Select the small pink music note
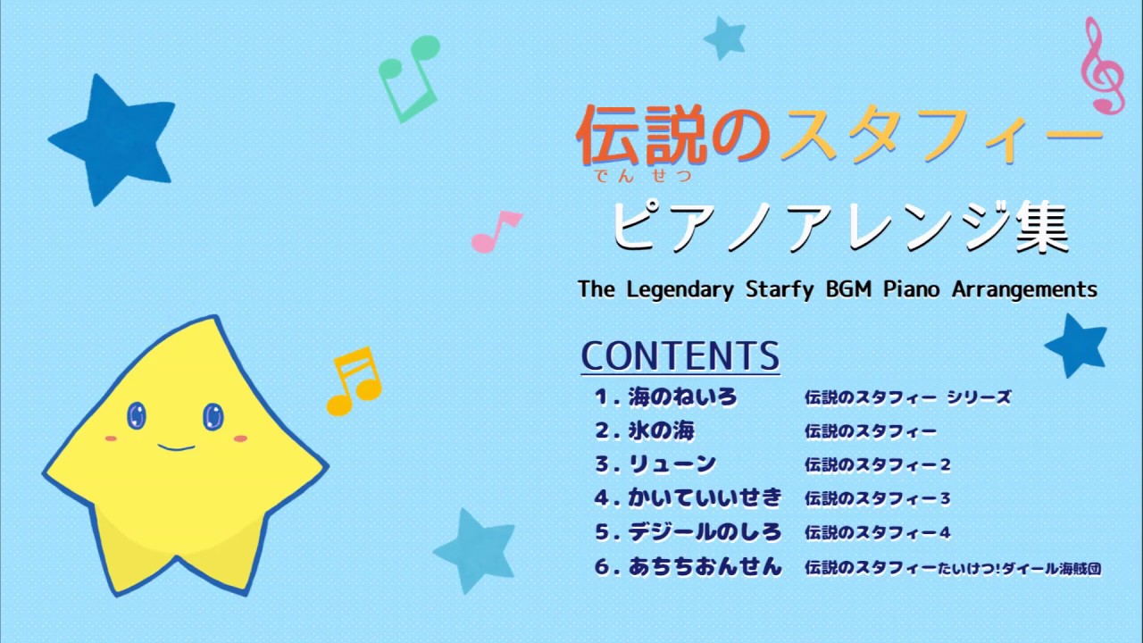495,231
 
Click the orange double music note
355,381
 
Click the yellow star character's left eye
137,414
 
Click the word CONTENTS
680,355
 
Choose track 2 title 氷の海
660,431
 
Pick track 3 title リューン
671,464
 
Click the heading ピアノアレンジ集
840,230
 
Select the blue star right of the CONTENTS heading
1077,344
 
